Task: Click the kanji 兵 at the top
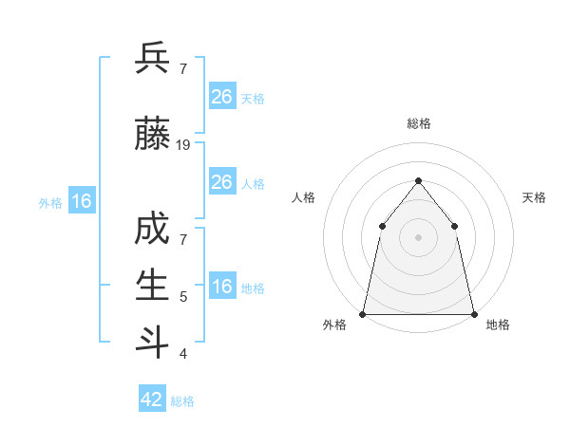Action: [x=153, y=60]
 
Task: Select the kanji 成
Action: [x=153, y=231]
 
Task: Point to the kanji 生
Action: [x=153, y=285]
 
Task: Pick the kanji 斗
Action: [x=153, y=340]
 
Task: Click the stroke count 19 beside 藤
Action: [x=183, y=145]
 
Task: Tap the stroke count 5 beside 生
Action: [x=183, y=297]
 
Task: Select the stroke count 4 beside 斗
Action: [x=183, y=354]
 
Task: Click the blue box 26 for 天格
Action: [x=221, y=96]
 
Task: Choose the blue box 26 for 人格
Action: [x=221, y=181]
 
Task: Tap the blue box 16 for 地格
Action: [x=221, y=286]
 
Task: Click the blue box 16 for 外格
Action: [x=82, y=200]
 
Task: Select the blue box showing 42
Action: [x=152, y=400]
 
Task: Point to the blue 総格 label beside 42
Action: [x=183, y=401]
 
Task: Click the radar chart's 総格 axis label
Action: [x=419, y=123]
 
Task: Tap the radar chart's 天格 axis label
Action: [x=535, y=197]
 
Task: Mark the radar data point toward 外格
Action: [x=363, y=313]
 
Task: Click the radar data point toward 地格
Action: [x=474, y=313]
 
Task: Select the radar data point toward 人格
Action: [x=382, y=226]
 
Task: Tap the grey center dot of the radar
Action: [x=418, y=236]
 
